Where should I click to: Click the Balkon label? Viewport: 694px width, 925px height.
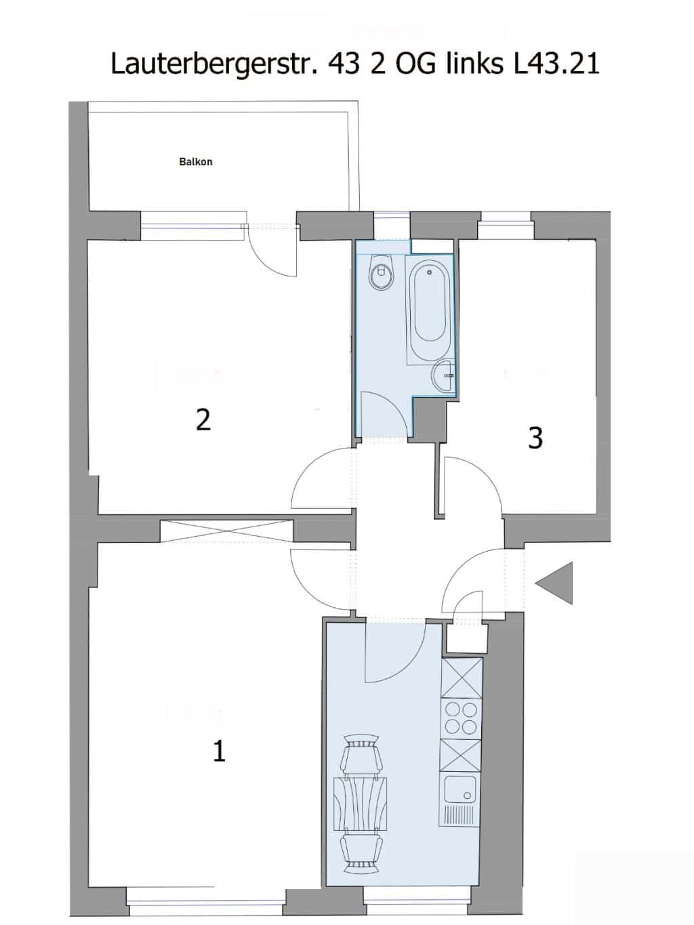click(195, 162)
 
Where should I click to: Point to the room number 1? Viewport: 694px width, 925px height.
click(219, 752)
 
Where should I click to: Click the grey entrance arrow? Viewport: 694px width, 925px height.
click(554, 583)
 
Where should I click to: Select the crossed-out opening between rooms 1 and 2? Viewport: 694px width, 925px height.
click(226, 531)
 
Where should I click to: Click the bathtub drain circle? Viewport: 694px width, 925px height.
click(430, 272)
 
